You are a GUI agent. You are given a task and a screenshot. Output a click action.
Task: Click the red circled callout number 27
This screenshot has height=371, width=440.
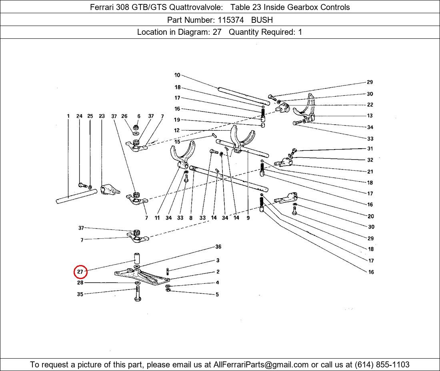tap(80, 272)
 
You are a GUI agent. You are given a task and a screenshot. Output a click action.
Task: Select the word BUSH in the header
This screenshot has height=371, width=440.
tap(262, 20)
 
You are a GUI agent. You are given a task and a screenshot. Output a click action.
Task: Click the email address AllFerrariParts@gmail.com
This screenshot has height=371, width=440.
tap(261, 365)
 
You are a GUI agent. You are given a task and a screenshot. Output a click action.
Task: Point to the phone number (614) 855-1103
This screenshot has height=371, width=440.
tap(382, 365)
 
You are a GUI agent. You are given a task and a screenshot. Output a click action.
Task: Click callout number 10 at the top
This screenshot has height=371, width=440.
tap(177, 75)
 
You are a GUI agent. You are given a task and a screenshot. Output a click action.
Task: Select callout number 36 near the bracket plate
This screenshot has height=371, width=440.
tap(218, 247)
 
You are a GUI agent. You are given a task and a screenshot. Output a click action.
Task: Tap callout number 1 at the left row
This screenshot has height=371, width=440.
tap(68, 116)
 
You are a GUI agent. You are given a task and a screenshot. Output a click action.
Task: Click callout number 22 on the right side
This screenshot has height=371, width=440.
tap(370, 105)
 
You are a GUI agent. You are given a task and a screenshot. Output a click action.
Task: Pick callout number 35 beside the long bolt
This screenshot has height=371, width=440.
tap(80, 294)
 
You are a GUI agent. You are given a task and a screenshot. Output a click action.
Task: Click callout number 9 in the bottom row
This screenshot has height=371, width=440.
tap(248, 217)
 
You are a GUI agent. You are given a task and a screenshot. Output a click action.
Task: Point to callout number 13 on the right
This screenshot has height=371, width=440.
tap(370, 116)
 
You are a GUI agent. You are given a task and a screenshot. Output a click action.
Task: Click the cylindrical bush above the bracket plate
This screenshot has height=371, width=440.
tap(137, 258)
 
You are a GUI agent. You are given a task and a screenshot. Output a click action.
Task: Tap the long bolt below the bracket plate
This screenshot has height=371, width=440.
tap(138, 293)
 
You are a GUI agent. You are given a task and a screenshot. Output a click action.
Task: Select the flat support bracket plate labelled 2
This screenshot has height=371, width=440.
tap(142, 277)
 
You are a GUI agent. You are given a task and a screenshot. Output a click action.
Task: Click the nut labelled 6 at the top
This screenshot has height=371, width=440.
tap(136, 127)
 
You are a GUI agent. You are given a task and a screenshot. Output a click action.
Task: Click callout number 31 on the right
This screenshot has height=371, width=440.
tap(370, 149)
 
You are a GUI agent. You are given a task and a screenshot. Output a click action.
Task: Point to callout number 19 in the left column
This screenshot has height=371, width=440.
tap(177, 120)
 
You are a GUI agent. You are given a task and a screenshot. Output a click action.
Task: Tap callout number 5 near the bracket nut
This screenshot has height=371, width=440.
tap(217, 295)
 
